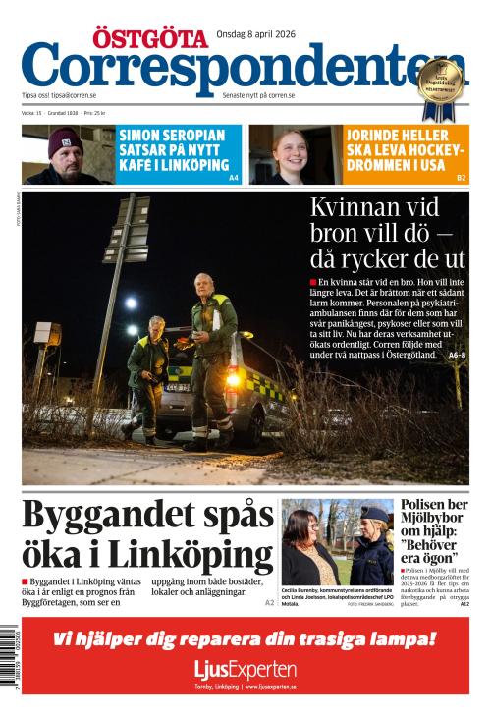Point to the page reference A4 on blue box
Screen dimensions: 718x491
(234, 178)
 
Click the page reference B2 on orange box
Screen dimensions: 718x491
(461, 178)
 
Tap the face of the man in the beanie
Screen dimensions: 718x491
(66, 152)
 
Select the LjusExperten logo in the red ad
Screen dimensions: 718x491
(245, 670)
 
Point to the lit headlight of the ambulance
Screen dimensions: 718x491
(233, 379)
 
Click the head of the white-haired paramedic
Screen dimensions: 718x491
(203, 283)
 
